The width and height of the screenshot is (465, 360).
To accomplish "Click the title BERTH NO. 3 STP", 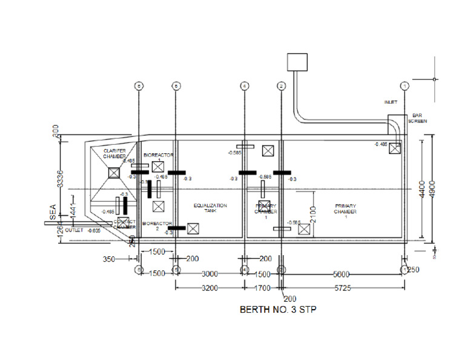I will coord(279,309).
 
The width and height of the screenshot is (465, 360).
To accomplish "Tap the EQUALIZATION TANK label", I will coord(210,208).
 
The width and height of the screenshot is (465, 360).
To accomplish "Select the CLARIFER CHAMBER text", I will coord(114,153).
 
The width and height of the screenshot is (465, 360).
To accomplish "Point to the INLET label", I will coord(391,102).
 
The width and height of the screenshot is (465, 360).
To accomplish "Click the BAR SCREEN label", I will coord(419,118).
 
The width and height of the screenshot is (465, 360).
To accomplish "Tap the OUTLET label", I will coord(74,230).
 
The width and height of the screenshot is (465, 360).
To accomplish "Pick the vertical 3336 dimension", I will coord(60,177).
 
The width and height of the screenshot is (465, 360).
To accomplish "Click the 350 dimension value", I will coord(108,259).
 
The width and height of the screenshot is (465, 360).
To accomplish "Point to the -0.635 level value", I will coord(94,230).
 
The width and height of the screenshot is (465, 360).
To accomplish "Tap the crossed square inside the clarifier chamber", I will coord(113,173).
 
